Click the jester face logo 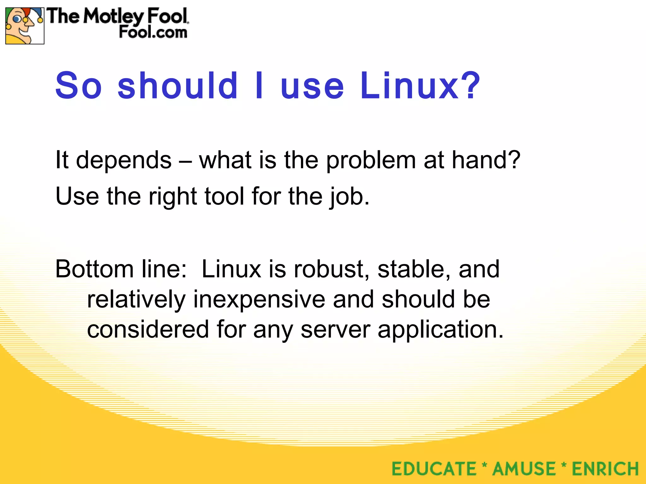point(25,26)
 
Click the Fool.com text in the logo point(153,32)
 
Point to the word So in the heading point(79,86)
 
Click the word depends point(124,160)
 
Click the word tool point(224,196)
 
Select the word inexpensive point(259,299)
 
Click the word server point(335,330)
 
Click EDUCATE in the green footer point(434,469)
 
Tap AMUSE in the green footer point(524,469)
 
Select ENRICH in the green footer point(605,469)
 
